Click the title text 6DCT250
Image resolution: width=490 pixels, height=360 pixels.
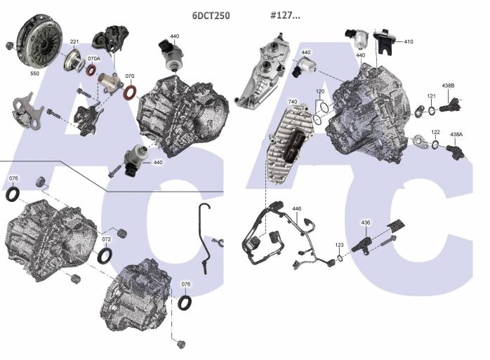coord(211,14)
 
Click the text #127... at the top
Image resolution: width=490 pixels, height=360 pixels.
coord(285,14)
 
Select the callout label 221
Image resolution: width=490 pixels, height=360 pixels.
coord(74,42)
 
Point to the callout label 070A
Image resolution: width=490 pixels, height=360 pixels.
coord(93,59)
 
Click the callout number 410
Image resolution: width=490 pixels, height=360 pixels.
coord(408,41)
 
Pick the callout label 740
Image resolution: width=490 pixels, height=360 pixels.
coord(292,102)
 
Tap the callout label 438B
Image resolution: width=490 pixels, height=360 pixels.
coord(447,86)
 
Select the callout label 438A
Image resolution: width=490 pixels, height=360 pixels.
coord(456,133)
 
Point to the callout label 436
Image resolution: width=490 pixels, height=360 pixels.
coord(365,222)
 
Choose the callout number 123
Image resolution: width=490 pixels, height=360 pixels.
coord(339,246)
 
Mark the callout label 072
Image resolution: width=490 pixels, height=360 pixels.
coord(106,240)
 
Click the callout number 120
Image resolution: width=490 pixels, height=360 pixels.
coord(320,92)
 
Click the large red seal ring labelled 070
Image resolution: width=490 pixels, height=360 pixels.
coord(131,93)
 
